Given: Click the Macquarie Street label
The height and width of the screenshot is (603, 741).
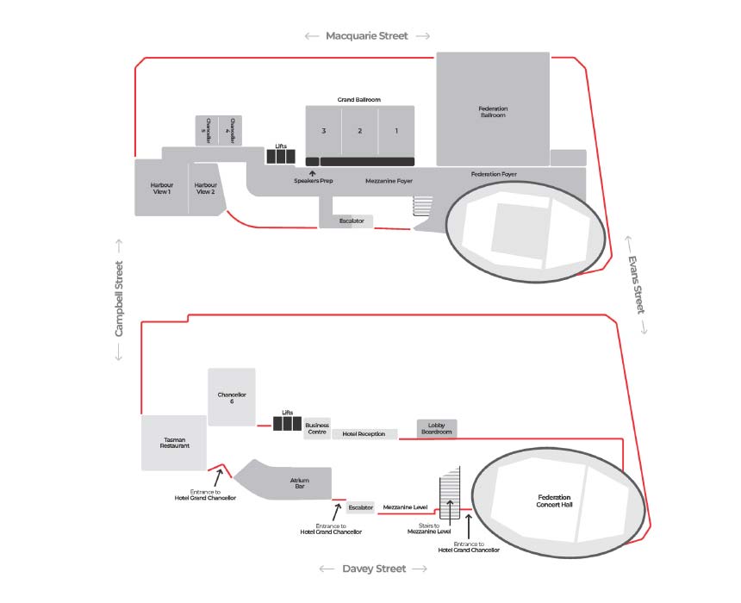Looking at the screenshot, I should [367, 36].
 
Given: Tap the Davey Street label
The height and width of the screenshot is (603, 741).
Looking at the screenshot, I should [373, 569].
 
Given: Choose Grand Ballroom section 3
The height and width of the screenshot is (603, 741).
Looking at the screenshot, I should [323, 131].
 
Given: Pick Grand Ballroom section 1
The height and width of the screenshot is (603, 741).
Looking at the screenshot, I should [396, 131].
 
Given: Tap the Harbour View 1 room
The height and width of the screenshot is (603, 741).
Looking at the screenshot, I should [161, 188].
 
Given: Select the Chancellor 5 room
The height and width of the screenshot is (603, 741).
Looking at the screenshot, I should [207, 131].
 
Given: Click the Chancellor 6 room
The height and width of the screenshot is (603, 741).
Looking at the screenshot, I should [232, 397].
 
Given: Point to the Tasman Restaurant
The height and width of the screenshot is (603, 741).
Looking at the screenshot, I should [174, 443].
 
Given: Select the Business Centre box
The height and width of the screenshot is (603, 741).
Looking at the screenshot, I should [316, 428].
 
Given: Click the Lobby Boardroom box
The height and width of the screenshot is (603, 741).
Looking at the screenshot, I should [436, 428].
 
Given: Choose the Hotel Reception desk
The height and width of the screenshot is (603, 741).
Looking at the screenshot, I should [364, 434].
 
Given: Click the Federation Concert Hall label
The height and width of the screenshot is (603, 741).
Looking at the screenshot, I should [554, 501].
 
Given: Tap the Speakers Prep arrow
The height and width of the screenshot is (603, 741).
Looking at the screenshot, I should [313, 173].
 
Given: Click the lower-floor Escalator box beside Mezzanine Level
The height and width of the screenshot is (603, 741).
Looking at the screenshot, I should [360, 508].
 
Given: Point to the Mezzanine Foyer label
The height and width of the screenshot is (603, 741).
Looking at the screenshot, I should [389, 181].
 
